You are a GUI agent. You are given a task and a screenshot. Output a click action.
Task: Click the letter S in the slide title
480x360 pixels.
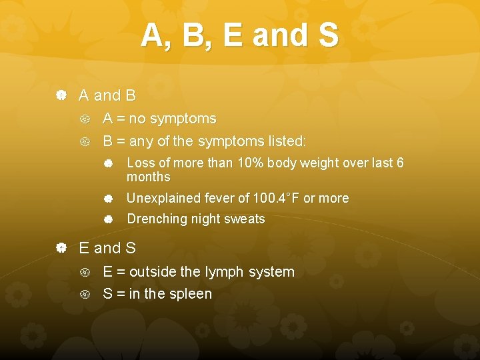[328, 36]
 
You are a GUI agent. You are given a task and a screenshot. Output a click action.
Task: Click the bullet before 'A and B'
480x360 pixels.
[61, 96]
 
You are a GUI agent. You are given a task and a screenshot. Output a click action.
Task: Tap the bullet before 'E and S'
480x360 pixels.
[61, 249]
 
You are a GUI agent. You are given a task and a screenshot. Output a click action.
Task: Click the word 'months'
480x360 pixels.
[149, 177]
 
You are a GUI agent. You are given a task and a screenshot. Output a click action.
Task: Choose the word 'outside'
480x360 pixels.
[153, 272]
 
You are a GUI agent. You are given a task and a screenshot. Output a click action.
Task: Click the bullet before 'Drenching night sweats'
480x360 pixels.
[108, 219]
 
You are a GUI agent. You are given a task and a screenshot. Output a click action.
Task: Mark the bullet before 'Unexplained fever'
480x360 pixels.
[108, 199]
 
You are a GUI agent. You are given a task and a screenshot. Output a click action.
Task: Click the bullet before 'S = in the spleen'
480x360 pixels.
[85, 294]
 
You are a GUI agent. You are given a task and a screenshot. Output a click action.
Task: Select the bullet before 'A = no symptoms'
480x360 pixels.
[85, 119]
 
